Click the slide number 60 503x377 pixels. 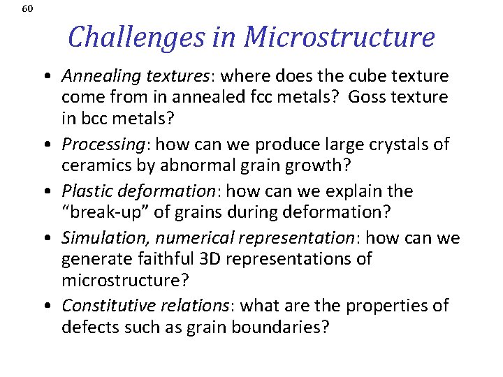pyautogui.click(x=27, y=9)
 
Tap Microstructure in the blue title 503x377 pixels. pyautogui.click(x=340, y=36)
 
